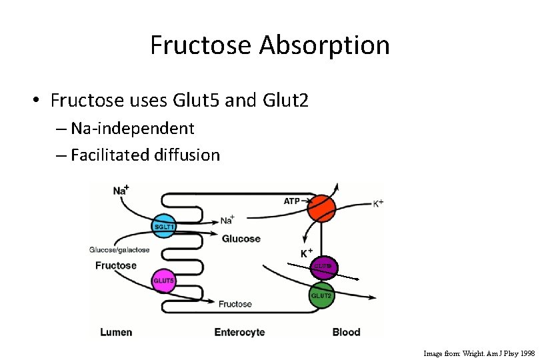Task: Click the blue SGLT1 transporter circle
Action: click(x=163, y=227)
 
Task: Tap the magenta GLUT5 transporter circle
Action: click(x=164, y=280)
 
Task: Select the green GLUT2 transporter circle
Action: click(x=321, y=295)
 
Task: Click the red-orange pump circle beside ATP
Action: click(x=321, y=207)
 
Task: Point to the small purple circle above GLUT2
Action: click(x=323, y=267)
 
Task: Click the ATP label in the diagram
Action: click(x=292, y=201)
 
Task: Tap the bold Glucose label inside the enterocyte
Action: click(x=241, y=239)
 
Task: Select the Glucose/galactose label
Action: click(x=119, y=250)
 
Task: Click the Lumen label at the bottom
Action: click(x=115, y=332)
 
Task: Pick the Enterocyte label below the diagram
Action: click(x=239, y=332)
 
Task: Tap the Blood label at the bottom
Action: click(x=346, y=332)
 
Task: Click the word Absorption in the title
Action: click(x=324, y=45)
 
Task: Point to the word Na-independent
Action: click(x=132, y=128)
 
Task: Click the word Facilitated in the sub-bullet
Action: click(x=109, y=155)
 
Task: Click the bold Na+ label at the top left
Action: click(x=121, y=191)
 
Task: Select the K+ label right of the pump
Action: click(x=378, y=203)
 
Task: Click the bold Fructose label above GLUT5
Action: click(x=115, y=265)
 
